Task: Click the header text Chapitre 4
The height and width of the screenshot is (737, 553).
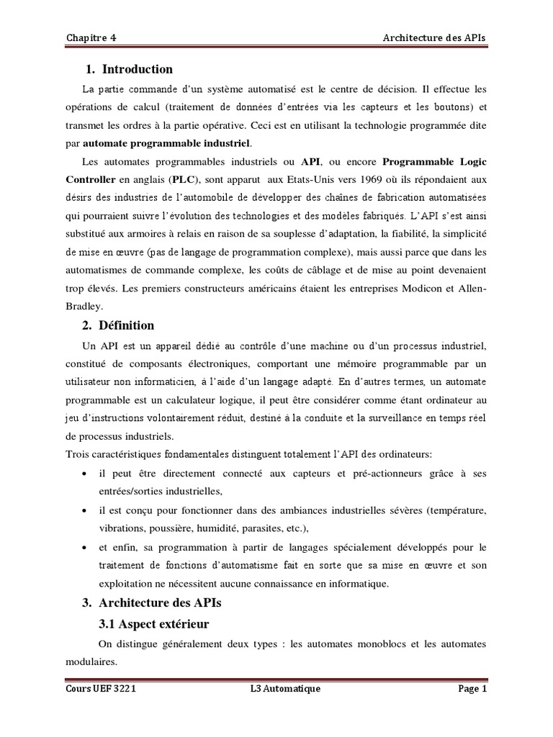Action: click(x=89, y=37)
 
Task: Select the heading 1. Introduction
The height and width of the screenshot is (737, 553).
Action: click(x=129, y=70)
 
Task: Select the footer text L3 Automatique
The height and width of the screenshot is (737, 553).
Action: click(x=281, y=689)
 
